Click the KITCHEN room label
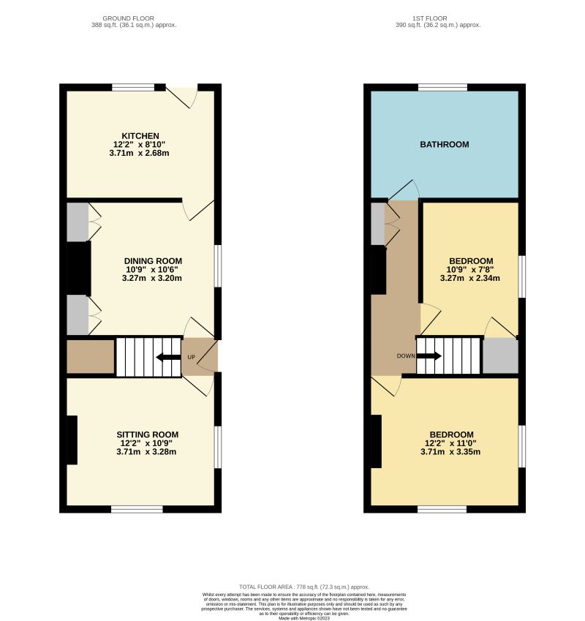pos(140,136)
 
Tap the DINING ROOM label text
pos(153,260)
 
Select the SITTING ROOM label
pos(149,434)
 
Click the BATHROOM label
pos(444,145)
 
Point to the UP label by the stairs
pos(192,357)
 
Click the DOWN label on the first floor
pos(406,356)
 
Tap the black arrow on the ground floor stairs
pos(168,357)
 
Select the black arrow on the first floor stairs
pos(429,356)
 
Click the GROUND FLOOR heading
pos(129,18)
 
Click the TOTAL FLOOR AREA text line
pos(304,587)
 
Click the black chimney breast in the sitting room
pos(72,440)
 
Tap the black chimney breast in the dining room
pos(78,268)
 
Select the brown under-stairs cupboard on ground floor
pos(90,357)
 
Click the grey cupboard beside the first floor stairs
pos(500,356)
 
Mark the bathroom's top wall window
pos(442,87)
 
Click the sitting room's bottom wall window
pos(137,509)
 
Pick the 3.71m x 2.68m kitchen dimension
pos(140,154)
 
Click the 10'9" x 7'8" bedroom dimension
pos(470,269)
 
